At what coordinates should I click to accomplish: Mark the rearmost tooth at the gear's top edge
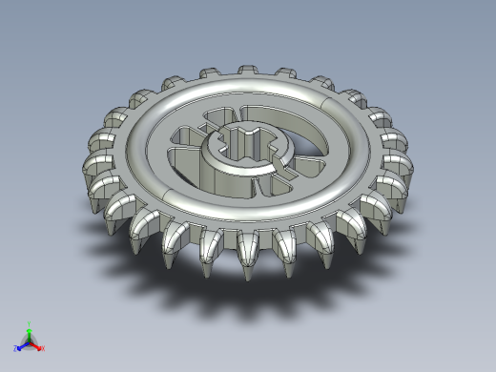click(246, 72)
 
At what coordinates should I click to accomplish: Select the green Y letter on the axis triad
click(30, 324)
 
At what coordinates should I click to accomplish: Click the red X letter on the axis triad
click(43, 348)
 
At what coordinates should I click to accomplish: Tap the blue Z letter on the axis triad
click(16, 349)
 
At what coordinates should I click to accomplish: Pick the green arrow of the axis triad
click(30, 334)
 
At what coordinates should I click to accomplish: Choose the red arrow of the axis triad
click(36, 345)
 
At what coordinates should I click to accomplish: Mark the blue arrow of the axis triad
click(23, 345)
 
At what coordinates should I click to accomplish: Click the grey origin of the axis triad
click(30, 342)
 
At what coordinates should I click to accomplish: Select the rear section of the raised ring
click(248, 87)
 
